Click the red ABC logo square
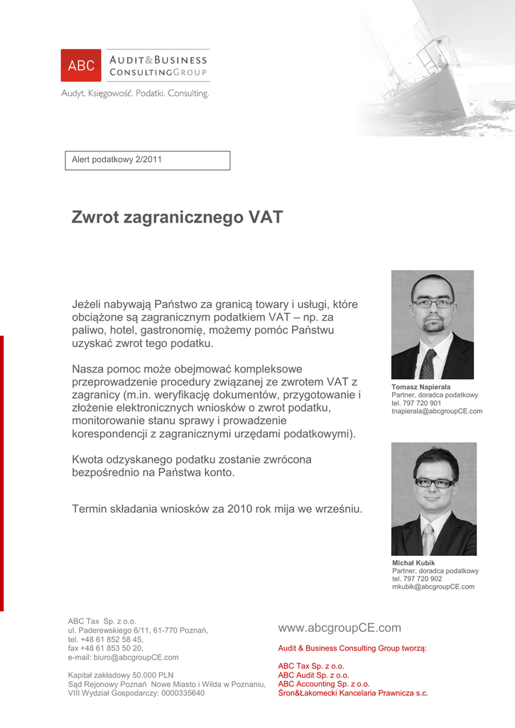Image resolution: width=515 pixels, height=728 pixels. point(81,65)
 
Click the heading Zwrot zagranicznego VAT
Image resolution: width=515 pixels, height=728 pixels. point(177,218)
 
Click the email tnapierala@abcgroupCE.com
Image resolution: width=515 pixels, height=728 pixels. point(437,411)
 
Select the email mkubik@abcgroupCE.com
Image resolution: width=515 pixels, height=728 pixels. point(433,587)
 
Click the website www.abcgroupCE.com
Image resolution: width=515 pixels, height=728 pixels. point(340,628)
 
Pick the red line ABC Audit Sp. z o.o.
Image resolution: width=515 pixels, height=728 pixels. point(313,675)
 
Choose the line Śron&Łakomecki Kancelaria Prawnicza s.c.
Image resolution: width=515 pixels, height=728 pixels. point(352,693)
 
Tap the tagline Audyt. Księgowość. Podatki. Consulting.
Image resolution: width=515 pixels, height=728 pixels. point(135,94)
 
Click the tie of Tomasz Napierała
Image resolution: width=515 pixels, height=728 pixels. point(427,364)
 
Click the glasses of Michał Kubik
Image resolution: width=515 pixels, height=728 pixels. point(434,483)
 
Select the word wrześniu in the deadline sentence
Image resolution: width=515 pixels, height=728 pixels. point(340,508)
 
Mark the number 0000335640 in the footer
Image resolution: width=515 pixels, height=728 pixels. point(183,693)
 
